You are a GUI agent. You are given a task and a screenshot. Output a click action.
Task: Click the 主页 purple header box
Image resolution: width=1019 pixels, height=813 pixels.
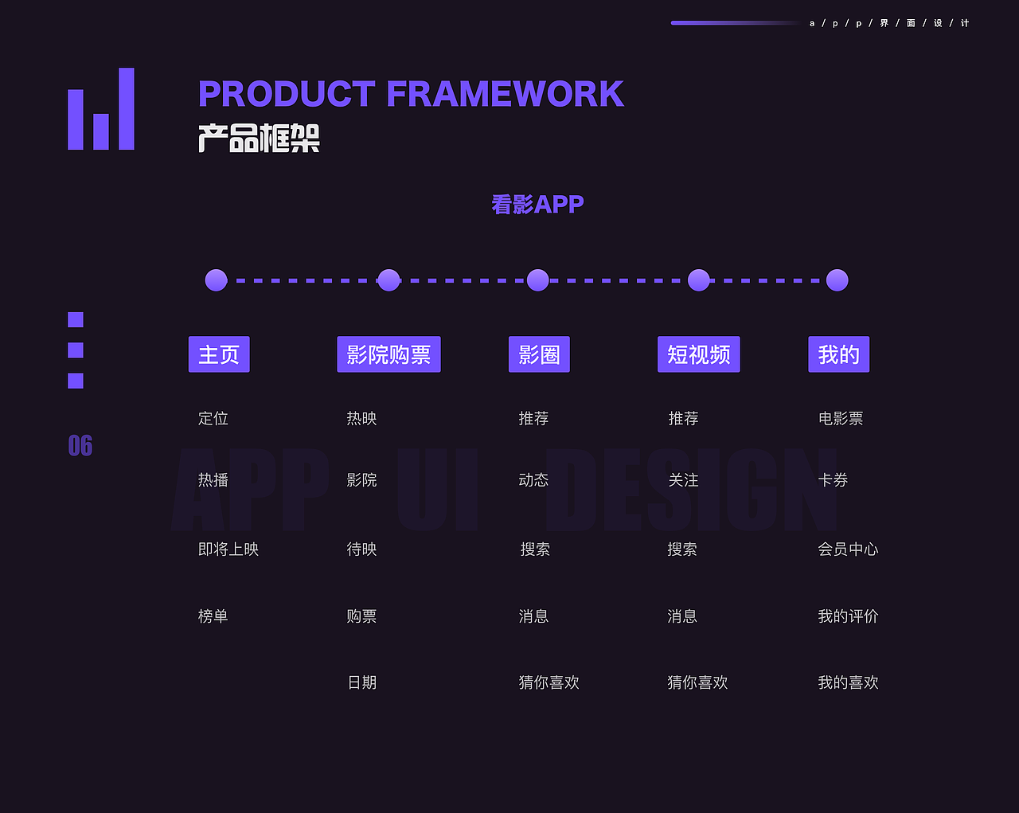[219, 354]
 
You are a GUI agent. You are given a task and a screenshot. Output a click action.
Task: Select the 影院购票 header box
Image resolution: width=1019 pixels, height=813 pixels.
[388, 354]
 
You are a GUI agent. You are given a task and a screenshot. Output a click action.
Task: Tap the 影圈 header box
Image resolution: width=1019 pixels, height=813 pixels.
[539, 354]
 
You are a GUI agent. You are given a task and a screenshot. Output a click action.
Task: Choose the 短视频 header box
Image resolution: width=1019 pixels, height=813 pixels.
[698, 354]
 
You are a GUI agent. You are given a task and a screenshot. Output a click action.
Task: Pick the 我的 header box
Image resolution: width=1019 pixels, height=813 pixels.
[838, 354]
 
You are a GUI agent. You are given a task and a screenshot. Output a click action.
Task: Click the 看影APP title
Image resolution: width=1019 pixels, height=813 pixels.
[537, 205]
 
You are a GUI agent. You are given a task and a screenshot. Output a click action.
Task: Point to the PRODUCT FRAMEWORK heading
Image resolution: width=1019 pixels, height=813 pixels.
[411, 94]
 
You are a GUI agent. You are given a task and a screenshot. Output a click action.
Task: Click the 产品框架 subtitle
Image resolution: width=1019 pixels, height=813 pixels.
[259, 138]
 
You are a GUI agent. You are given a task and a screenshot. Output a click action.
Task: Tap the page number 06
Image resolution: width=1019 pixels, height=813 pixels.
[80, 446]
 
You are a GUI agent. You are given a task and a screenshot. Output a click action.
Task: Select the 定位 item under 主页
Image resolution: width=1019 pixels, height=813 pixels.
[213, 418]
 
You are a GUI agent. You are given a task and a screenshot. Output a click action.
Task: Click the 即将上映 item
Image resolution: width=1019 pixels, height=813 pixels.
[228, 549]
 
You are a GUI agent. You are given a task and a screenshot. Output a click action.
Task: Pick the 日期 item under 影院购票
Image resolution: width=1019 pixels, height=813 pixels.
[362, 682]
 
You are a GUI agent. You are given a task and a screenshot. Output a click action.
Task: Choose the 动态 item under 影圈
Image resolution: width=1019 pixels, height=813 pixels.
[533, 480]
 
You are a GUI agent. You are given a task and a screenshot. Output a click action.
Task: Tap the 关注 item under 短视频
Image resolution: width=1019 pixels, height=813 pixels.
[683, 480]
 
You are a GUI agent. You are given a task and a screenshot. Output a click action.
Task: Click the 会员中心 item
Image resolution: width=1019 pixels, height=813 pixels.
[848, 549]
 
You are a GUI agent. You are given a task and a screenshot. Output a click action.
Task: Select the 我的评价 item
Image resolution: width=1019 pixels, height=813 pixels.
[848, 616]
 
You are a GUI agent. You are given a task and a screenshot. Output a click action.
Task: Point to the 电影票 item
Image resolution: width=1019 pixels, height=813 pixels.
[841, 418]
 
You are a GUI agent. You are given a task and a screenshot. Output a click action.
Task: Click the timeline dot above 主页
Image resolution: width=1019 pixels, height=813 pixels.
[217, 280]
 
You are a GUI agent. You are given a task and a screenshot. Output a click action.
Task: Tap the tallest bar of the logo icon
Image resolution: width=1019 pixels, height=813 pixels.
[127, 109]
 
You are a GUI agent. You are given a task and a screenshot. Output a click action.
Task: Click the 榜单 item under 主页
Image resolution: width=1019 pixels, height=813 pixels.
[213, 616]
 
